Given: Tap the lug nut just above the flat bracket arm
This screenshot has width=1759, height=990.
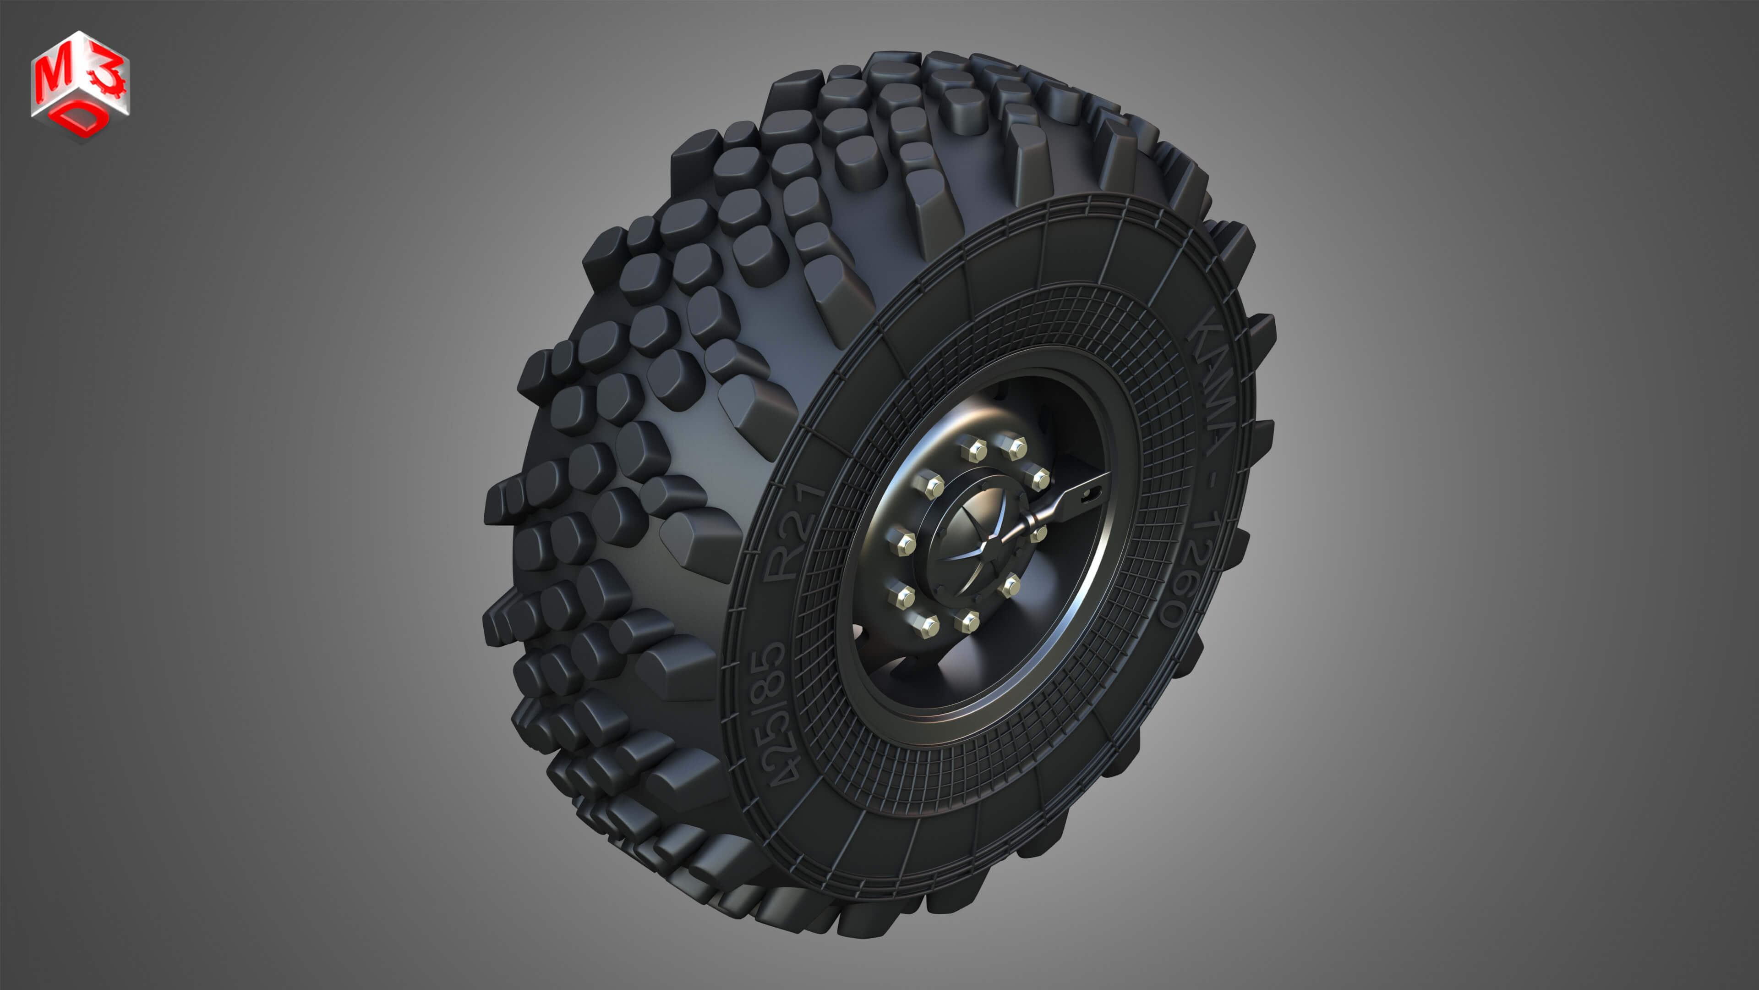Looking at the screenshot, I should (x=1038, y=478).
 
